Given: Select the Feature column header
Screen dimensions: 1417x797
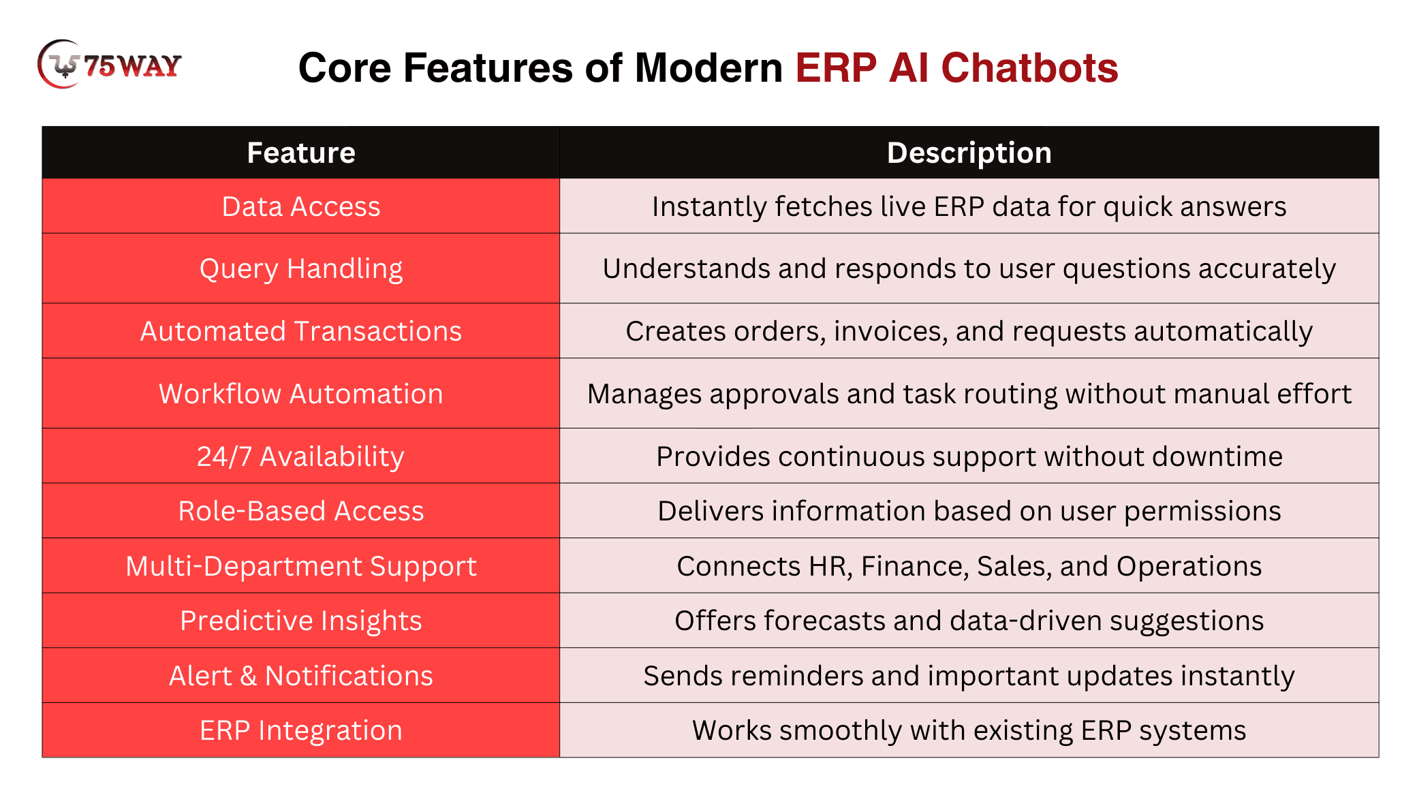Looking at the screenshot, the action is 301,153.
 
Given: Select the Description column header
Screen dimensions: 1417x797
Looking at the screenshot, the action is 969,153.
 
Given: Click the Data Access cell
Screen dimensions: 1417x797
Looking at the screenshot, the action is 301,206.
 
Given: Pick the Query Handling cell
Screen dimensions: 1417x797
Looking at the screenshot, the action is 301,268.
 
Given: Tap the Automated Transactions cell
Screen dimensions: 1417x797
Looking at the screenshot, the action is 301,331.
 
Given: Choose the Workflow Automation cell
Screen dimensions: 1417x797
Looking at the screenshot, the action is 301,394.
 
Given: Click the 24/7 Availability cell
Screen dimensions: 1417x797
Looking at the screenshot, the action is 301,456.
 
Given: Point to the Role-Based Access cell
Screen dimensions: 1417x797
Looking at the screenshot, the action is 301,511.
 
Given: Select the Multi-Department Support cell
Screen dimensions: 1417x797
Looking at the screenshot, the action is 301,566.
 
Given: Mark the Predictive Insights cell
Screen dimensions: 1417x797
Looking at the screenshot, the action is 301,621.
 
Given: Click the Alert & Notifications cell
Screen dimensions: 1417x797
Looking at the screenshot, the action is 301,676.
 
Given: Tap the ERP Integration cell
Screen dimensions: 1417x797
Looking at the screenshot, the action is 301,730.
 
